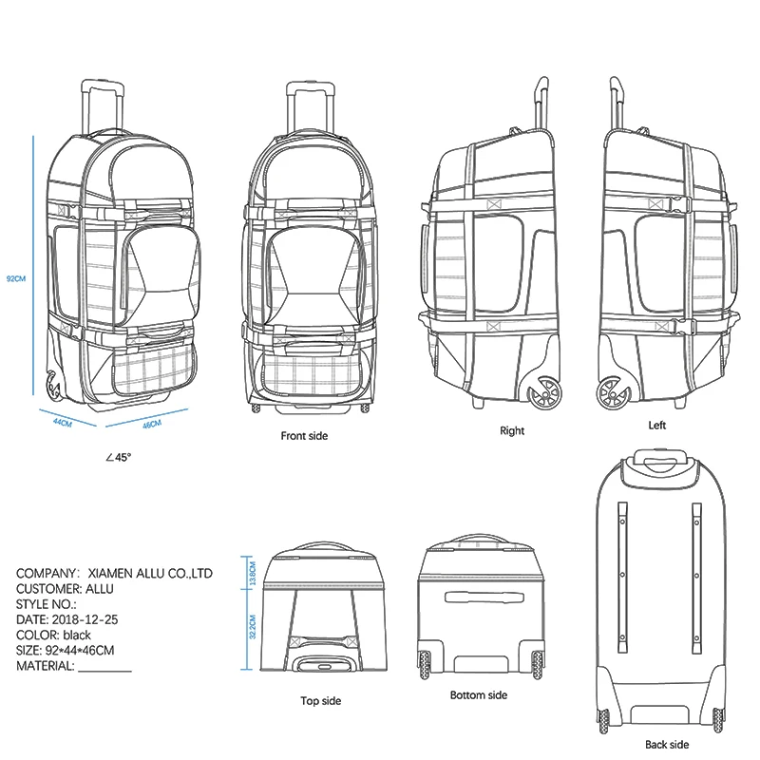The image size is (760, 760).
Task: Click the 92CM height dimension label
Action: (x=13, y=279)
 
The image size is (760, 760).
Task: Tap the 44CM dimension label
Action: (x=62, y=423)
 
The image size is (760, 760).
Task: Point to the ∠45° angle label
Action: (x=119, y=458)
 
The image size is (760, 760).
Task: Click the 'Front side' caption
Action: (x=305, y=436)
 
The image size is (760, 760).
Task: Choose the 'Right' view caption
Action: (x=512, y=430)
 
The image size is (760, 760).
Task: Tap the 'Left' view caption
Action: (x=657, y=426)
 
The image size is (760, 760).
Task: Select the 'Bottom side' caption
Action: (x=479, y=695)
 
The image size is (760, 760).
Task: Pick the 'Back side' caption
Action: (x=667, y=745)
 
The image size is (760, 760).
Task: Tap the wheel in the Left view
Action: (x=611, y=392)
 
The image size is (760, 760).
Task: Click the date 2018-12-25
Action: (x=86, y=619)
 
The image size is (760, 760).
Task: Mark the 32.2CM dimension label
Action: (x=252, y=628)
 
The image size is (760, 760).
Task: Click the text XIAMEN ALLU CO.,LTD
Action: (x=150, y=574)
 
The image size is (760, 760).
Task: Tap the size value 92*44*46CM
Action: (x=80, y=651)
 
